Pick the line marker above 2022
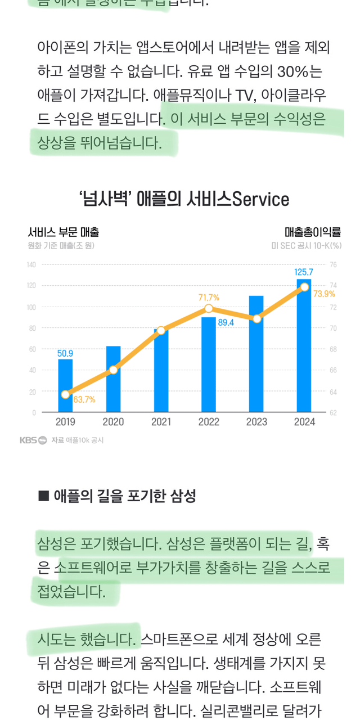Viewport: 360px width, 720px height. click(209, 308)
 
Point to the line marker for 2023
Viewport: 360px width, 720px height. click(256, 319)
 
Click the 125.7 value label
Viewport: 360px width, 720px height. click(304, 272)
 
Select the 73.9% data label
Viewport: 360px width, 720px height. click(325, 294)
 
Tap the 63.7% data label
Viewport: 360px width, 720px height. click(84, 400)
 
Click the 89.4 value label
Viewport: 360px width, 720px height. click(226, 323)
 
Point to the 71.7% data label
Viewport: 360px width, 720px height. click(209, 298)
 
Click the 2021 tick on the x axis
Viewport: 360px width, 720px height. click(161, 422)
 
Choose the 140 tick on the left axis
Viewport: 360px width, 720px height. click(31, 264)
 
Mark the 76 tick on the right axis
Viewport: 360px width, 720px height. click(333, 264)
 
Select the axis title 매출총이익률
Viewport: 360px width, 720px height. click(313, 232)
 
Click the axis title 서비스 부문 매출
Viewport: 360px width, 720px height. click(64, 232)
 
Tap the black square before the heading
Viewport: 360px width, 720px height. click(44, 496)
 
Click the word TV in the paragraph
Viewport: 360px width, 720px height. click(238, 95)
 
